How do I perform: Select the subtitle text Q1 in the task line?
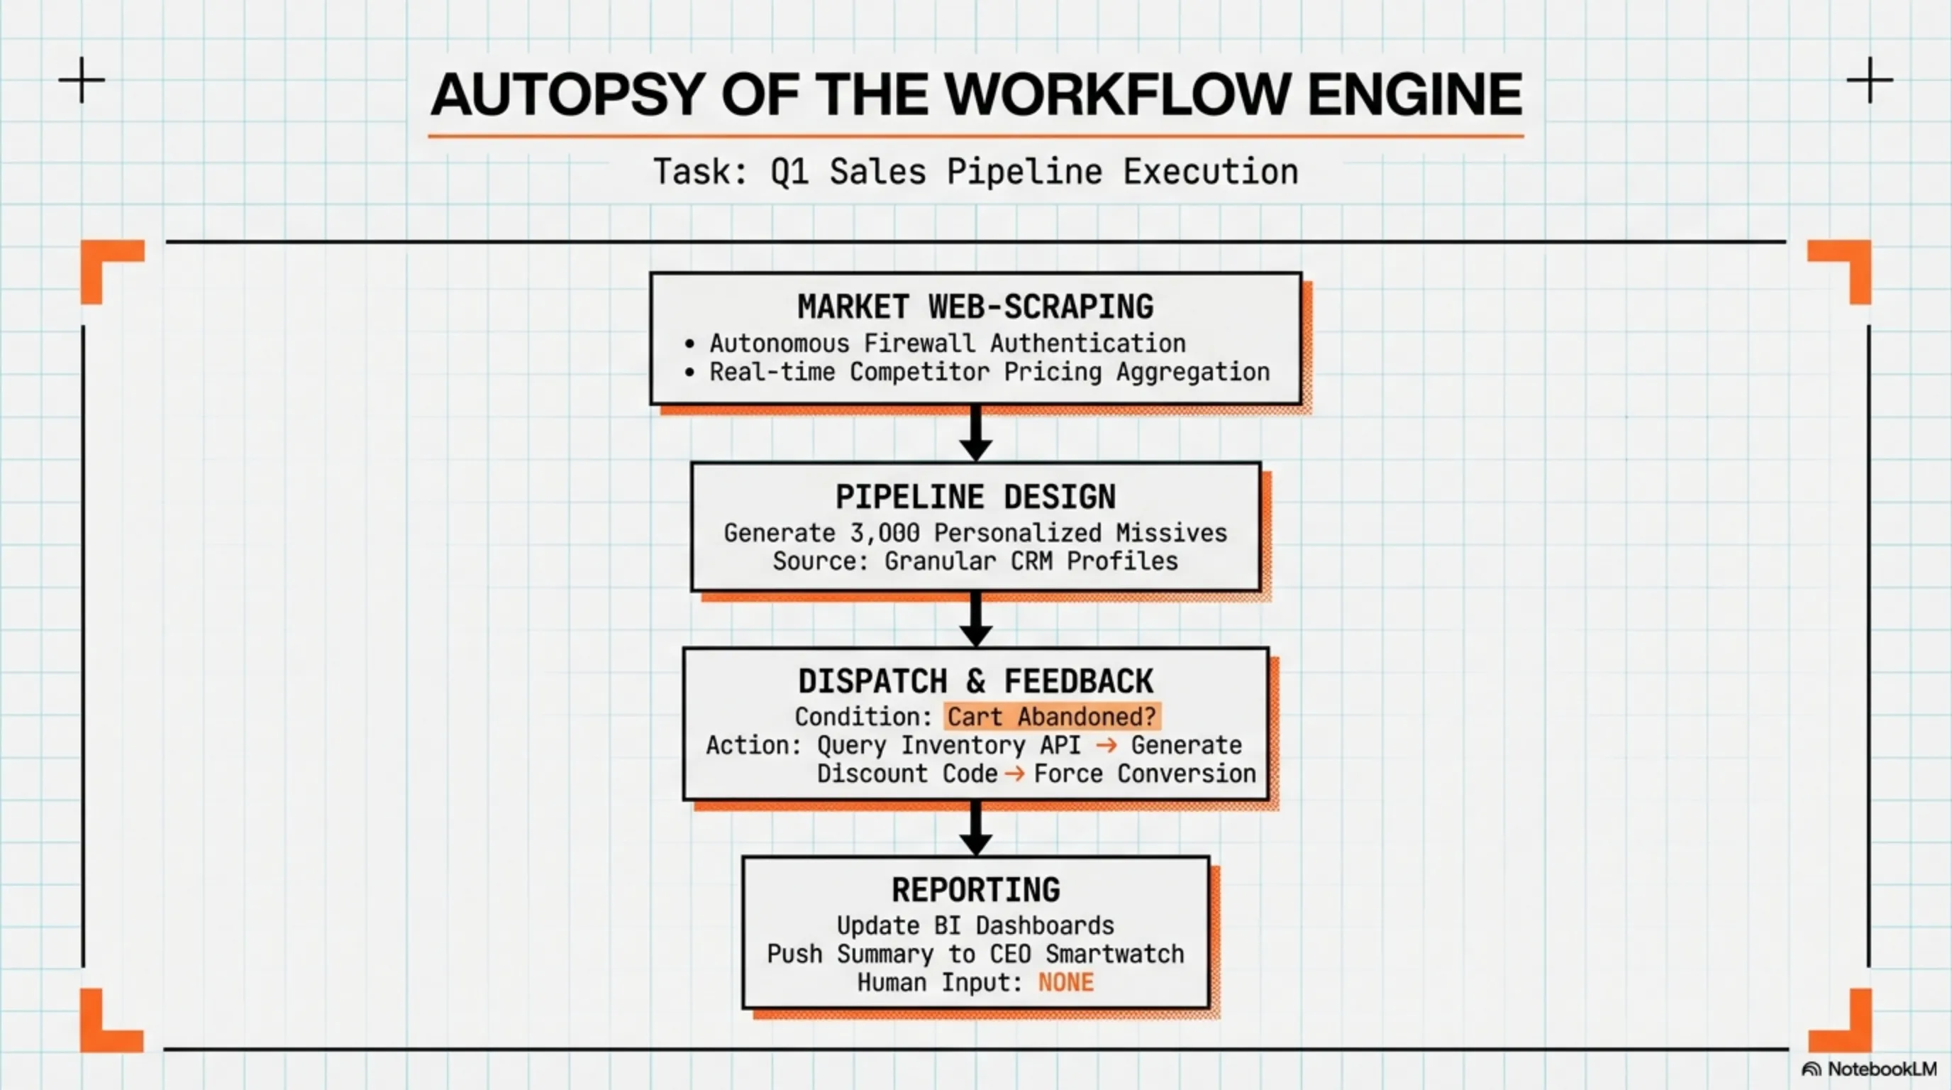tap(789, 172)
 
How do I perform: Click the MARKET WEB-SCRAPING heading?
tap(975, 307)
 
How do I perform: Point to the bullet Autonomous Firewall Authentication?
tap(947, 343)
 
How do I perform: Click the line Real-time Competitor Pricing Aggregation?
tap(989, 372)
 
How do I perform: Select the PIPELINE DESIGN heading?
tap(975, 497)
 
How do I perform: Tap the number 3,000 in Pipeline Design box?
tap(884, 533)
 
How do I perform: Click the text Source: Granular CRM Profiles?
tap(975, 561)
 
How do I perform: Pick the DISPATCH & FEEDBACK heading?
tap(975, 681)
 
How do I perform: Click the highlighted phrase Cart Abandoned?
tap(1052, 716)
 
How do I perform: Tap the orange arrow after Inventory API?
tap(1107, 745)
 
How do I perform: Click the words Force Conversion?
tap(1144, 774)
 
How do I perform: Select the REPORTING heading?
tap(975, 890)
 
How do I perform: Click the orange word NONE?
tap(1065, 982)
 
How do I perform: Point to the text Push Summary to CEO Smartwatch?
tap(975, 954)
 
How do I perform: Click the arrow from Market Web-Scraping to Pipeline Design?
tap(976, 434)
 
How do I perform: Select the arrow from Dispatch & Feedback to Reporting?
tap(976, 828)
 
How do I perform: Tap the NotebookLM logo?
tap(1868, 1069)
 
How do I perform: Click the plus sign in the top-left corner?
tap(82, 79)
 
